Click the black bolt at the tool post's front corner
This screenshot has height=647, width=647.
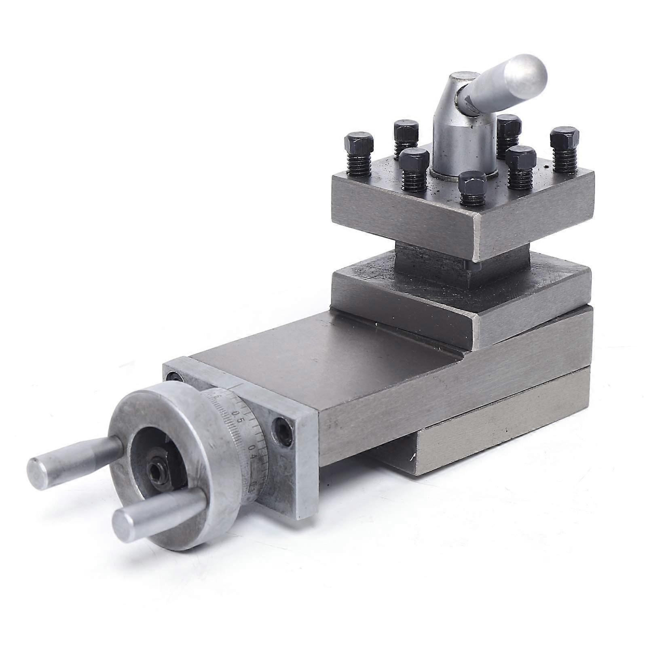(473, 187)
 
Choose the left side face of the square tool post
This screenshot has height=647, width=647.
(404, 218)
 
